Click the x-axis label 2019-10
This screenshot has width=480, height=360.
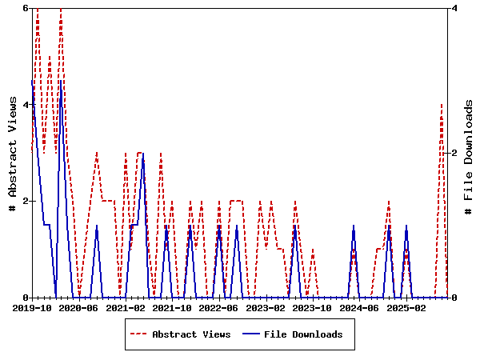(32, 307)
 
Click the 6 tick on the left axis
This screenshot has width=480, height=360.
(26, 8)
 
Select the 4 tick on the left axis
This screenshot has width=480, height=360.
(26, 105)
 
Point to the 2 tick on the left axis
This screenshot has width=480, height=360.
(26, 201)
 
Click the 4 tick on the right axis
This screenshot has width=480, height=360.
(454, 8)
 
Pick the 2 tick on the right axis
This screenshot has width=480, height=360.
(454, 153)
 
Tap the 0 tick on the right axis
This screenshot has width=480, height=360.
(454, 298)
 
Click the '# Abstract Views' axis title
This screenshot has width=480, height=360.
(12, 153)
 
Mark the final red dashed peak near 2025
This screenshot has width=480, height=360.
(442, 105)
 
